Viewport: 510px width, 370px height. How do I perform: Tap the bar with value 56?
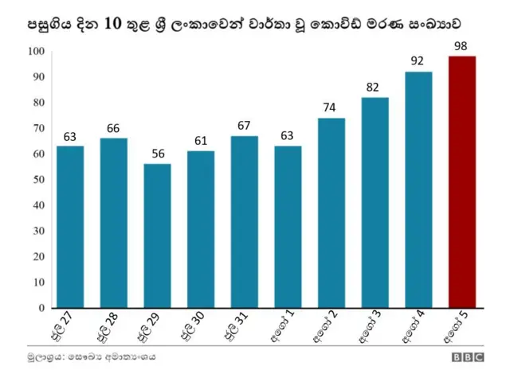point(157,236)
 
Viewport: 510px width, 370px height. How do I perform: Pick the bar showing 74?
point(331,212)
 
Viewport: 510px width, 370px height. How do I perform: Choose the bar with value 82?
point(375,202)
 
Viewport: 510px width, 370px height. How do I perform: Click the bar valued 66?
point(113,223)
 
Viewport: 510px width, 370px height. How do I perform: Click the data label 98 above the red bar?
point(461,46)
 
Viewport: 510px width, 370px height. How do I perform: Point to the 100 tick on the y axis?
point(36,52)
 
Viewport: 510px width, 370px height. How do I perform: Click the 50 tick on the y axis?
point(37,180)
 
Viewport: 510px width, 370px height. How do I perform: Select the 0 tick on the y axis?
point(41,308)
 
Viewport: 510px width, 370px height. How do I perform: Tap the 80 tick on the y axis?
point(37,103)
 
